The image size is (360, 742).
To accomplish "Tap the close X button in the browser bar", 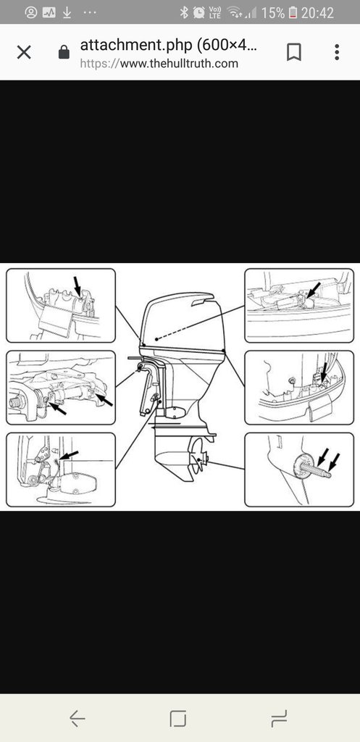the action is tap(24, 52).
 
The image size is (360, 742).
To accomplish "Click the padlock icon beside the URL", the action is tap(64, 52).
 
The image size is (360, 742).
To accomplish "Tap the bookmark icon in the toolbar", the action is tap(294, 52).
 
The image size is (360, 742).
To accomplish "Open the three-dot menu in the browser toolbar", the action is tap(337, 52).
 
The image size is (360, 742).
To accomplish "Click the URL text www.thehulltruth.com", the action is tap(179, 64).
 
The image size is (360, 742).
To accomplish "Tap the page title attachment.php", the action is tap(135, 46).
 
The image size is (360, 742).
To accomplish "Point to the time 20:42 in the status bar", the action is tap(317, 12).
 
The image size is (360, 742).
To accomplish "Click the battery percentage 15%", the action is tap(273, 12).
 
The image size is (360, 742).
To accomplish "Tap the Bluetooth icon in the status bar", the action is tap(184, 12).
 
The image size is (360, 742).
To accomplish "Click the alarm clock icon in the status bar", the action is tap(199, 12).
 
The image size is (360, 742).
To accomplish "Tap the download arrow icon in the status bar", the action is tap(67, 12).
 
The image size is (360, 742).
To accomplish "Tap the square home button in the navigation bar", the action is tap(178, 718).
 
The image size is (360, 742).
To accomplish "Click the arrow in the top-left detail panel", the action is tap(77, 287).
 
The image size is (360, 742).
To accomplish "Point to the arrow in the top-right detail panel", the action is tap(314, 291).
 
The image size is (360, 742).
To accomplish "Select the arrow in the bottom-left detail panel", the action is tap(69, 455).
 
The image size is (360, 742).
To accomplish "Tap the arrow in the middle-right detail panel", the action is tap(324, 372).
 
